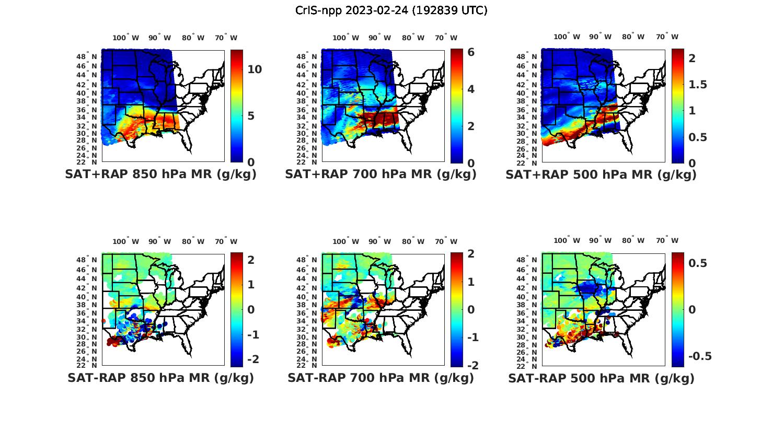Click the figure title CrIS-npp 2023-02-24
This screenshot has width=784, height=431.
pos(391,10)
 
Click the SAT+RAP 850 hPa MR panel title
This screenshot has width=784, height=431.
pos(160,174)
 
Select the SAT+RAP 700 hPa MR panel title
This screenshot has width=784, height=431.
pos(381,174)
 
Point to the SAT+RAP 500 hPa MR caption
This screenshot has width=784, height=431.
pos(601,174)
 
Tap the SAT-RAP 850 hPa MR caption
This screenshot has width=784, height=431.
pos(160,378)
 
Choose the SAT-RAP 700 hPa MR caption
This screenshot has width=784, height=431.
pos(381,378)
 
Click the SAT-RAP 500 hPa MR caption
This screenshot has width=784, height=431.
pos(601,378)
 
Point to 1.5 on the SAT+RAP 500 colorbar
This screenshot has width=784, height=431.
pos(698,85)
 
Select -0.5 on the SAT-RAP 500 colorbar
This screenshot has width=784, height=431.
pos(699,356)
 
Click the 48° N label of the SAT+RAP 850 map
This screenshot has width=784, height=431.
pos(87,56)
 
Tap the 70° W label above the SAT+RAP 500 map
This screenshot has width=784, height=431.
pos(667,37)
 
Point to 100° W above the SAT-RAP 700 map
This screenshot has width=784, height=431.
pos(345,241)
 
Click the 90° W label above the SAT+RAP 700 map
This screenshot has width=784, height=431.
pos(379,38)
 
